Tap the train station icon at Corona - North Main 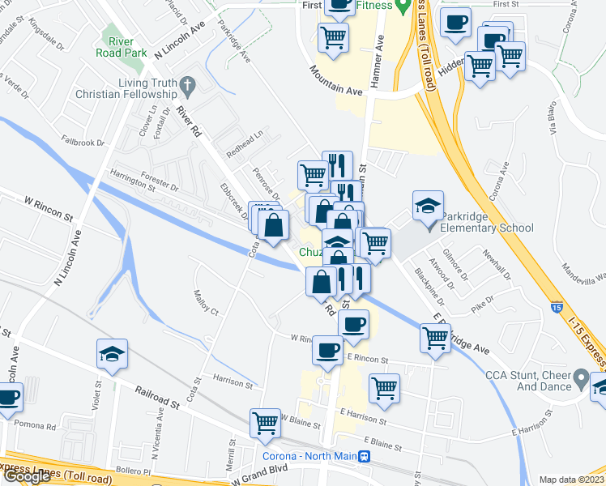366,456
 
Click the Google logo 27,476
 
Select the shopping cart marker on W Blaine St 266,423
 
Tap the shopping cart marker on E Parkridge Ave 436,338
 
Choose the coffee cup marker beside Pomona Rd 8,399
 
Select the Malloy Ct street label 205,304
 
